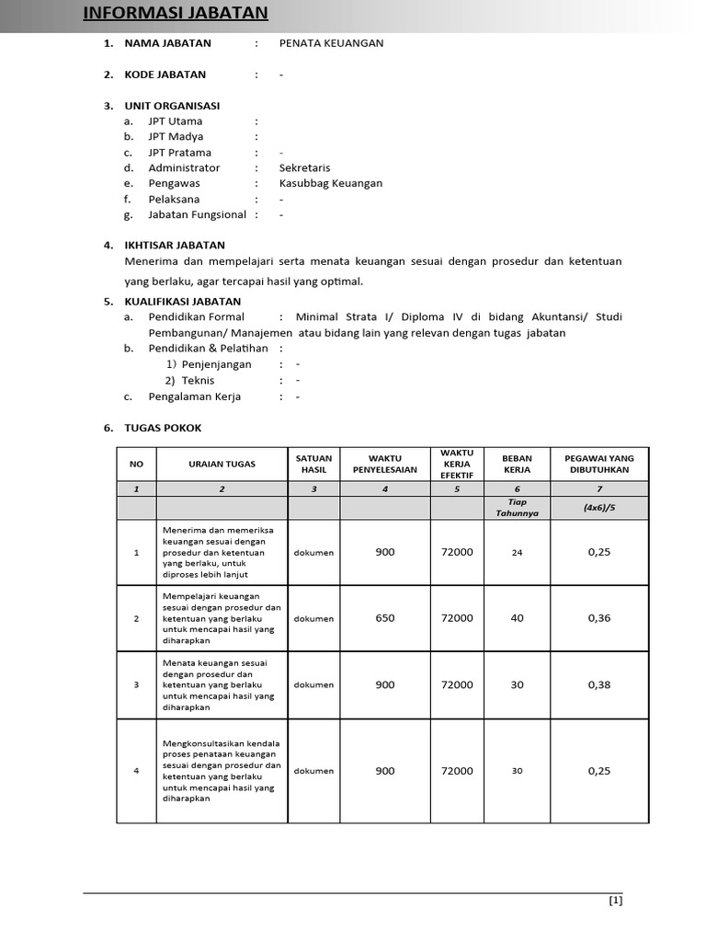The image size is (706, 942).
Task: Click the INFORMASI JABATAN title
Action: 176,13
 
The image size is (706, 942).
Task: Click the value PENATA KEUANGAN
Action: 331,43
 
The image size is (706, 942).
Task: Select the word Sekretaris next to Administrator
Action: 304,168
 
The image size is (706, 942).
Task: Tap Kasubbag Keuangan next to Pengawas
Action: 330,184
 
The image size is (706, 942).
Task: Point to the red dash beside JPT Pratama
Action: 281,153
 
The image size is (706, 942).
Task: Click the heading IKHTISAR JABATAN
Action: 175,246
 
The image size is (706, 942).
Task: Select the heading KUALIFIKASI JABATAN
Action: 182,302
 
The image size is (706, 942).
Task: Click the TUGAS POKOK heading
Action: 163,429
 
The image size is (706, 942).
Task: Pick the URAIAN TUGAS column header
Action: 222,464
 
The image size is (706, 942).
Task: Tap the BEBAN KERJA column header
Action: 517,464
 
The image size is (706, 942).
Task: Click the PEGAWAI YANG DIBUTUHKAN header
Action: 598,464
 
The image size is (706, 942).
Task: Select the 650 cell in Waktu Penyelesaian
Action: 384,618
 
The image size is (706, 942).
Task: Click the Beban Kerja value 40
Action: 517,618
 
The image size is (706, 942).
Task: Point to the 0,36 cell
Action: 598,618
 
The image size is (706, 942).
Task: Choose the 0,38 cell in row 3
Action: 598,684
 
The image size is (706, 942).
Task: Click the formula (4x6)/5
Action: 598,508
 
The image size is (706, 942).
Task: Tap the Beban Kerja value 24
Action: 517,553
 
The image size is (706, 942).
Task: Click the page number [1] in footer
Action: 616,901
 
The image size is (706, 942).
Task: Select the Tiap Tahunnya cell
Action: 517,508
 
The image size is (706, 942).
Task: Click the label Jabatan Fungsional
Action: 197,215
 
